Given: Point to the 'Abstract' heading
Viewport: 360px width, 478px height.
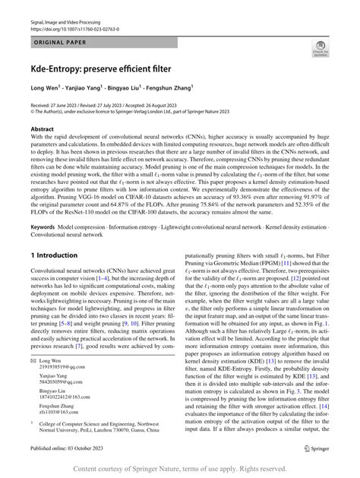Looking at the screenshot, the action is coord(42,130).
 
